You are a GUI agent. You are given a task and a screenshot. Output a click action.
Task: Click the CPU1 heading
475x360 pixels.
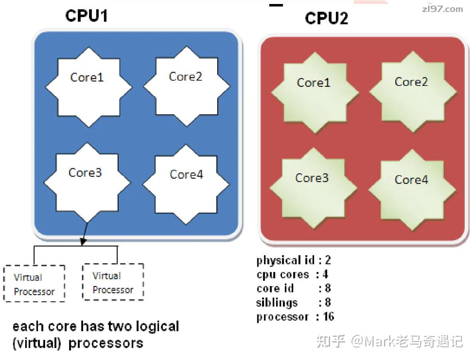[x=86, y=16]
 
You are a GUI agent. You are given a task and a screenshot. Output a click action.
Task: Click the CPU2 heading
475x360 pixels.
[x=326, y=18]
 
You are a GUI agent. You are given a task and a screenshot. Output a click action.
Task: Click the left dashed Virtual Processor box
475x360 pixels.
[x=34, y=283]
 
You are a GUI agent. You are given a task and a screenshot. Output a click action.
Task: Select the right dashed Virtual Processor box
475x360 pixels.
[x=113, y=282]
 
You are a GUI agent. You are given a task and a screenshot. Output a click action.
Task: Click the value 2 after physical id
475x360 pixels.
[x=328, y=261]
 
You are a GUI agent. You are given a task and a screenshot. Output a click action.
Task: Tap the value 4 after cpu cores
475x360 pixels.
[x=326, y=274]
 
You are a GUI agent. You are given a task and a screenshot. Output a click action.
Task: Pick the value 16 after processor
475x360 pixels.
[x=328, y=317]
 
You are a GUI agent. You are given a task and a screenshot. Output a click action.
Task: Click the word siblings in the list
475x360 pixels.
[x=277, y=302]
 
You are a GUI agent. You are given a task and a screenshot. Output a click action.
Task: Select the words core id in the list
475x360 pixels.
[x=275, y=288]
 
